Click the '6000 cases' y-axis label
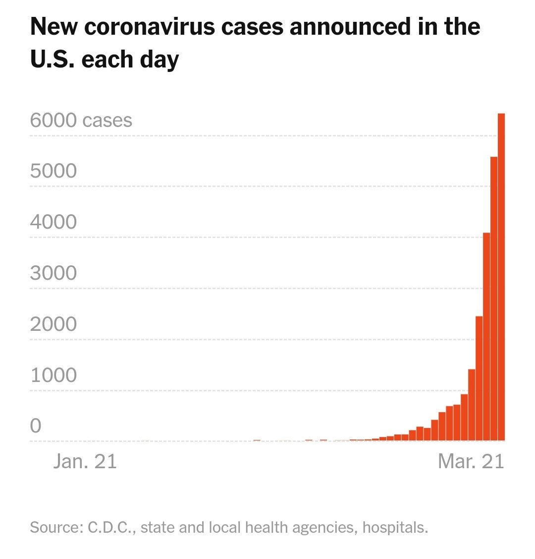coord(81,121)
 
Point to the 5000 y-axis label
coord(53,171)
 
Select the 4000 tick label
coord(53,222)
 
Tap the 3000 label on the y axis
coord(53,273)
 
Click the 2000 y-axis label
coord(53,324)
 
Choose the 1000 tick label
coord(53,375)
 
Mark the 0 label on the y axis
coord(36,426)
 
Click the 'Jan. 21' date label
coord(85,461)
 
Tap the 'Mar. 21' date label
coord(471,461)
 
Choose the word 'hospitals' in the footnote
coord(395,527)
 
